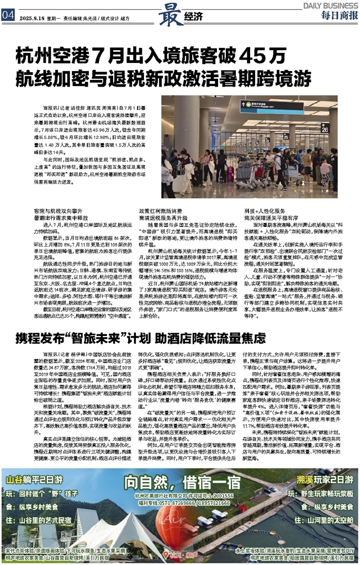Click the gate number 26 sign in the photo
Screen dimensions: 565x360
pyautogui.click(x=341, y=128)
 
